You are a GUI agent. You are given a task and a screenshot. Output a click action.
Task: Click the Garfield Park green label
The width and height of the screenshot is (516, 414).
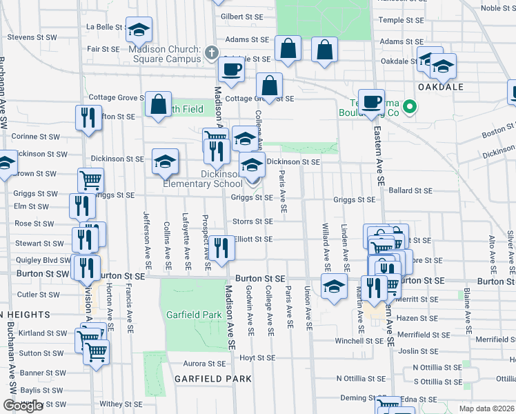(x=194, y=315)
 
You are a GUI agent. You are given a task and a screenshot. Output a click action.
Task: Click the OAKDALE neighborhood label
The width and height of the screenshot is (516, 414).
(x=440, y=87)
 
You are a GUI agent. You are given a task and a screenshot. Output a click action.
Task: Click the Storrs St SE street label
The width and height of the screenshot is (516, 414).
(x=252, y=221)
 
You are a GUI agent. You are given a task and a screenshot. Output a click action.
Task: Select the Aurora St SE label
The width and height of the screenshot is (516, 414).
(x=204, y=364)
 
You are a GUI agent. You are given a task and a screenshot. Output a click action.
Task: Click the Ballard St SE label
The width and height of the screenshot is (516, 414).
(x=410, y=190)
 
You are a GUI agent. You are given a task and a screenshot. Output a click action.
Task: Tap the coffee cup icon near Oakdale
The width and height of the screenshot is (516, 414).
(x=370, y=101)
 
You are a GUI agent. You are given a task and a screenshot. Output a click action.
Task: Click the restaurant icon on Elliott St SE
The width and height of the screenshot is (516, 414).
(x=221, y=246)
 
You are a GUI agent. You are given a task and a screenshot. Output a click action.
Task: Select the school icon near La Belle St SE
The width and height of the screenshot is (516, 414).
(x=139, y=29)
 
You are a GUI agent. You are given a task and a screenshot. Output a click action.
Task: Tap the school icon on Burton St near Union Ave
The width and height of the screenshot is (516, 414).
(x=334, y=285)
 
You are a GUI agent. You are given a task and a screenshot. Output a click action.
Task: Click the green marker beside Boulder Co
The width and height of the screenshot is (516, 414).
(x=409, y=106)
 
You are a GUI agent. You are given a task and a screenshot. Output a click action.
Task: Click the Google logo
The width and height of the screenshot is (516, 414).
(x=23, y=406)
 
